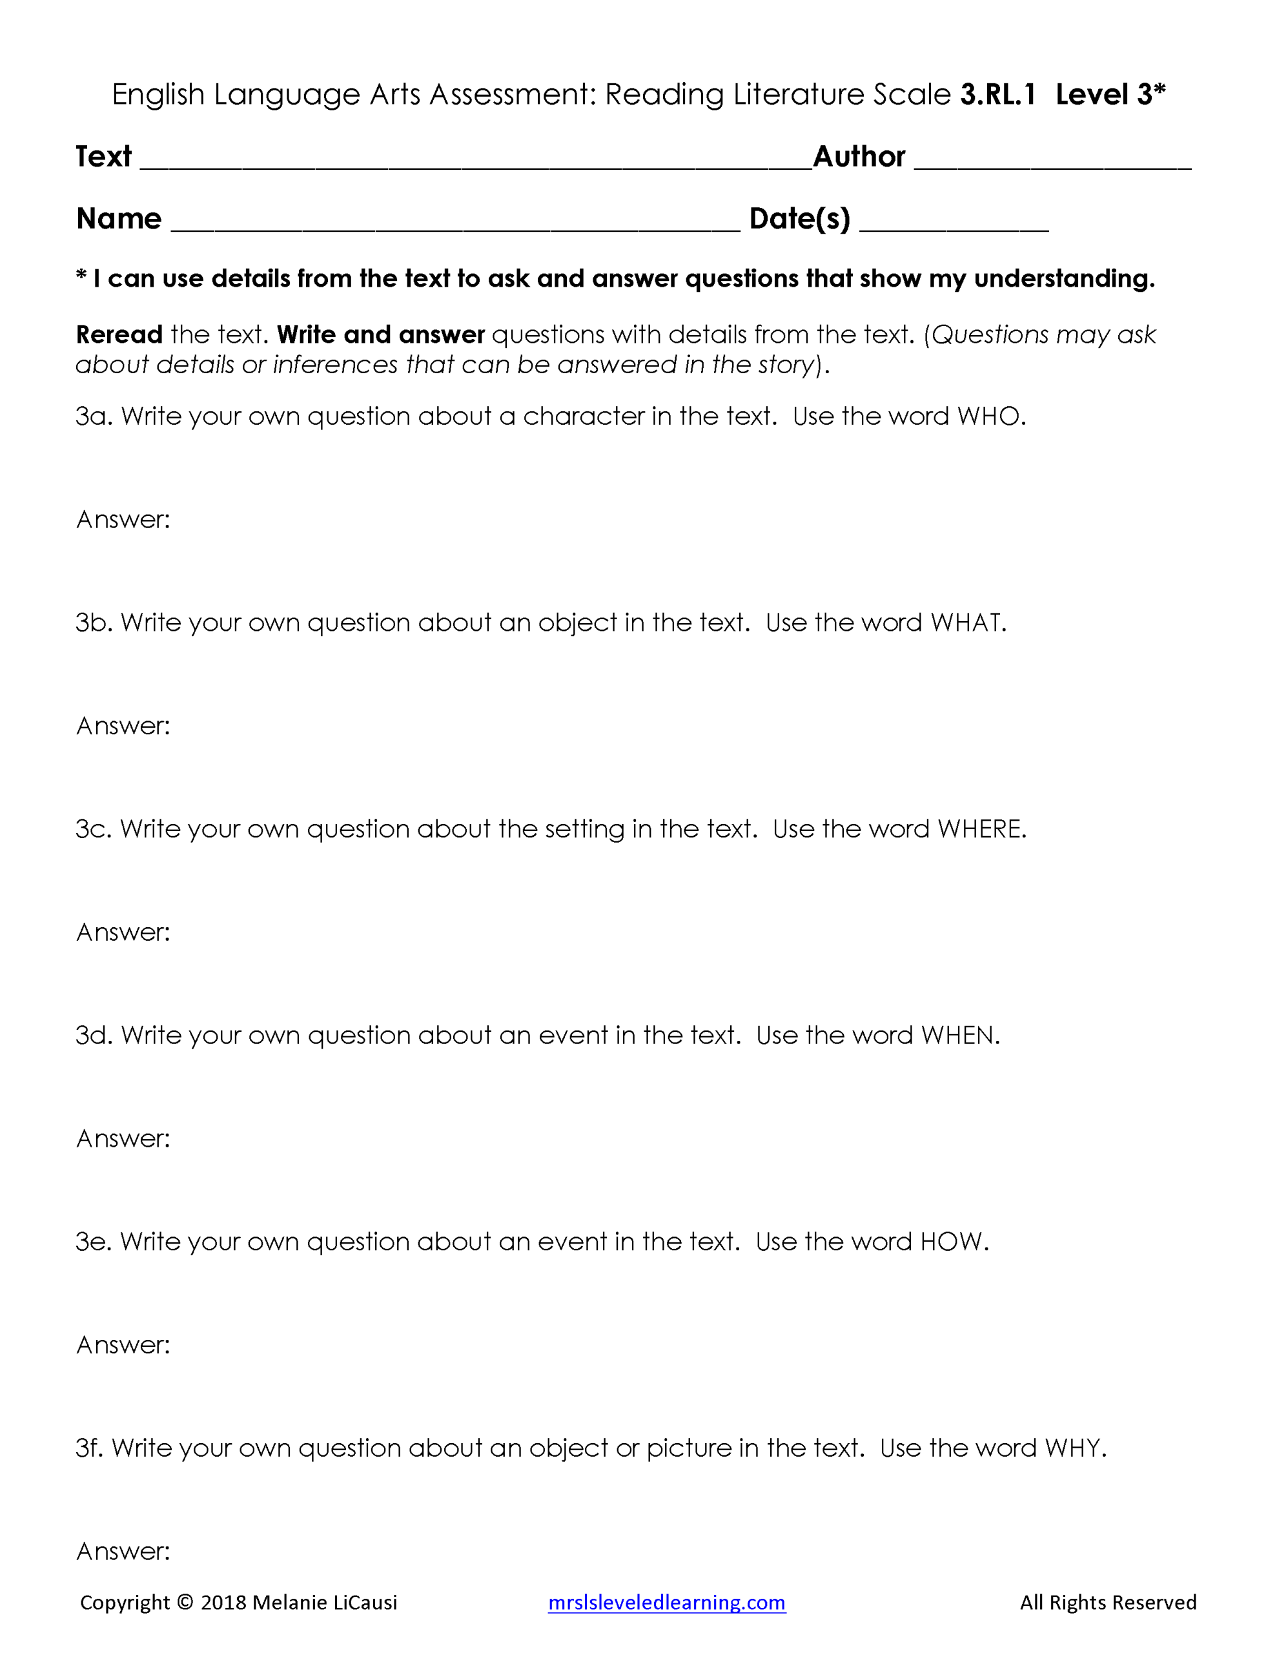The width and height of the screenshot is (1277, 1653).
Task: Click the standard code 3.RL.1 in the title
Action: pyautogui.click(x=997, y=95)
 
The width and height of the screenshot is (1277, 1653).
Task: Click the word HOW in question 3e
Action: pyautogui.click(x=951, y=1242)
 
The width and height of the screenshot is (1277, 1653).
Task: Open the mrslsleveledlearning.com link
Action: pyautogui.click(x=666, y=1603)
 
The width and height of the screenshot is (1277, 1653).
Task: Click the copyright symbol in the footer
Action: pyautogui.click(x=185, y=1603)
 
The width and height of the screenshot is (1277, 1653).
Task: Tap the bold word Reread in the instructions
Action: pyautogui.click(x=119, y=334)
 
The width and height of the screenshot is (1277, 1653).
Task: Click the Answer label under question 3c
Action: pyautogui.click(x=123, y=932)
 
